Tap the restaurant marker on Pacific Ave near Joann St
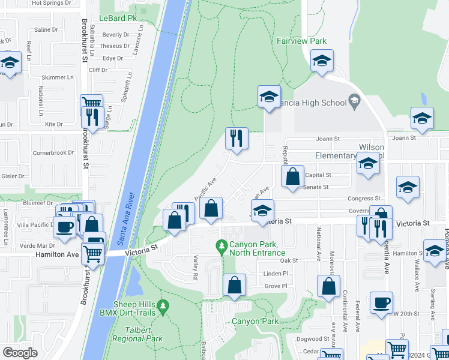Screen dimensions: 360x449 pyautogui.click(x=237, y=138)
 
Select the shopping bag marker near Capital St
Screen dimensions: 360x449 pyautogui.click(x=292, y=176)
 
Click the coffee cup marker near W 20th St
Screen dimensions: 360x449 pyautogui.click(x=381, y=302)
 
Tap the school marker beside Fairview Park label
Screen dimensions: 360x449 pyautogui.click(x=322, y=61)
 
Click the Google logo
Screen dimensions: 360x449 pyautogui.click(x=20, y=353)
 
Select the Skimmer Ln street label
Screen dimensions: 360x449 pyautogui.click(x=57, y=77)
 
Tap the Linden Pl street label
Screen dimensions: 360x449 pyautogui.click(x=277, y=274)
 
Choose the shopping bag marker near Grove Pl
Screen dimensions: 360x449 pyautogui.click(x=235, y=285)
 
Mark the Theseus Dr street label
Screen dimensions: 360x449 pyautogui.click(x=114, y=46)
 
